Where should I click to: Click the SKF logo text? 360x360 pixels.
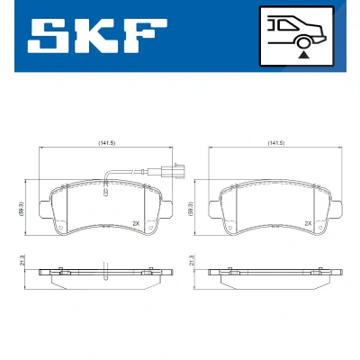(x=97, y=36)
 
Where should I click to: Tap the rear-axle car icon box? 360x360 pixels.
(x=297, y=36)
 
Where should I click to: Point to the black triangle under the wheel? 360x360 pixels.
(x=304, y=55)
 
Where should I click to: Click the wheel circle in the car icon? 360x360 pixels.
(x=303, y=43)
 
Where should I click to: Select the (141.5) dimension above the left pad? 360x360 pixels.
(x=106, y=143)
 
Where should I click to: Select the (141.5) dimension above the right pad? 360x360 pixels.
(x=276, y=143)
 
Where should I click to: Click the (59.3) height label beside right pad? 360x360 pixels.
(x=191, y=208)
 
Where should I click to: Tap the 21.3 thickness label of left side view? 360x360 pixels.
(x=22, y=260)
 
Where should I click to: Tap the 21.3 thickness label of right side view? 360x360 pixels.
(x=191, y=260)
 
